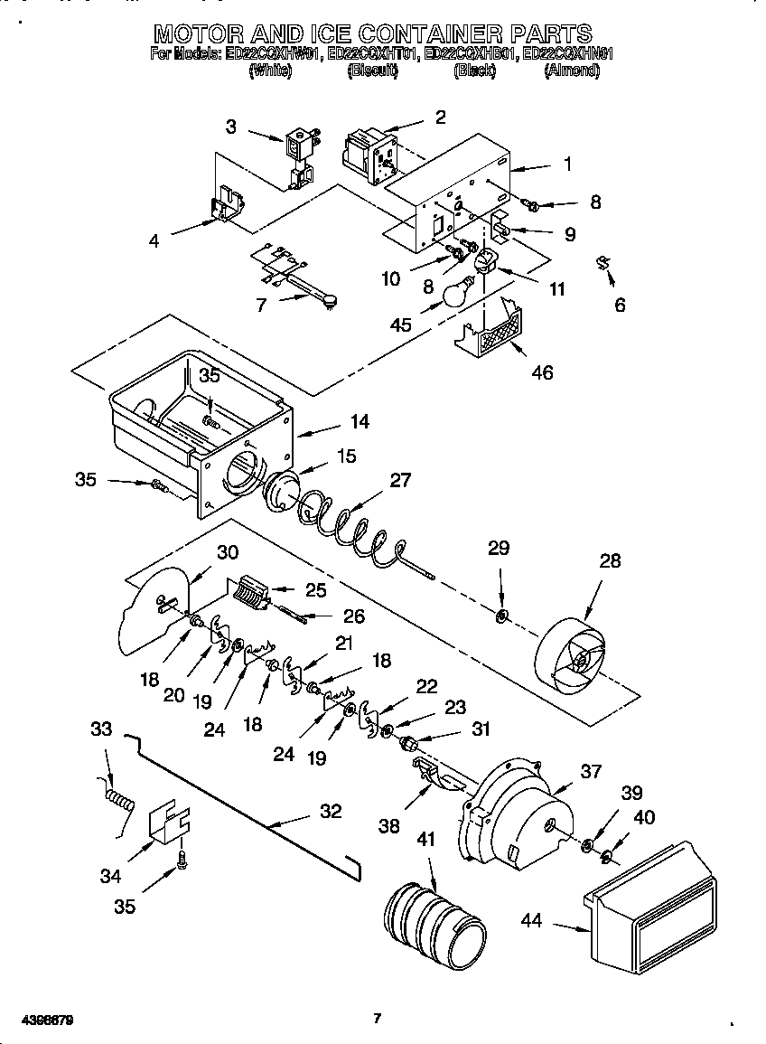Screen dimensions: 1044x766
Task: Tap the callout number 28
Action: click(611, 561)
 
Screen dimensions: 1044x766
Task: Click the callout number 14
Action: click(360, 421)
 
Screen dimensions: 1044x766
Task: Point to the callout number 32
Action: click(331, 812)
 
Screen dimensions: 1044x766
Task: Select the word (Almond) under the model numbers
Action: click(572, 71)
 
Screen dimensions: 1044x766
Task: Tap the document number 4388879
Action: click(38, 1020)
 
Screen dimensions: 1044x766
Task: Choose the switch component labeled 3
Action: click(299, 159)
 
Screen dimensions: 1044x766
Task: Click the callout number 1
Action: click(567, 165)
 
